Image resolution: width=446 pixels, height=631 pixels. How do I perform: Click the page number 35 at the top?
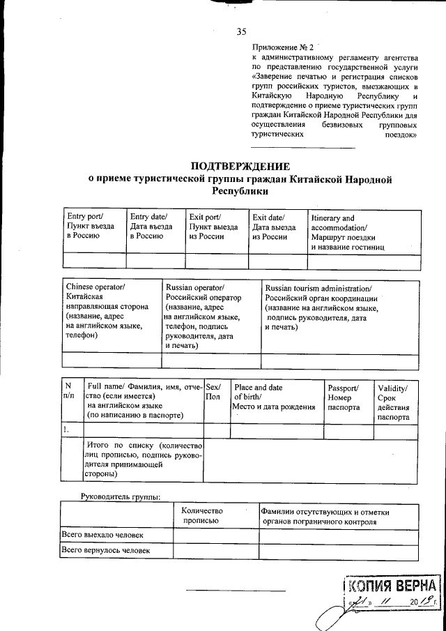click(242, 31)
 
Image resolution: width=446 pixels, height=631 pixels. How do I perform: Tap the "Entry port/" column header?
click(84, 218)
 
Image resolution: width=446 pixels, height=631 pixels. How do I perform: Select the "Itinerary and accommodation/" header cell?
click(333, 222)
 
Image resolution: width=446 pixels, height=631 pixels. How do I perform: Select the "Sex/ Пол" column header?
click(213, 392)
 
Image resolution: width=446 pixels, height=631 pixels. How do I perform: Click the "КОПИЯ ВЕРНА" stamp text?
click(394, 584)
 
